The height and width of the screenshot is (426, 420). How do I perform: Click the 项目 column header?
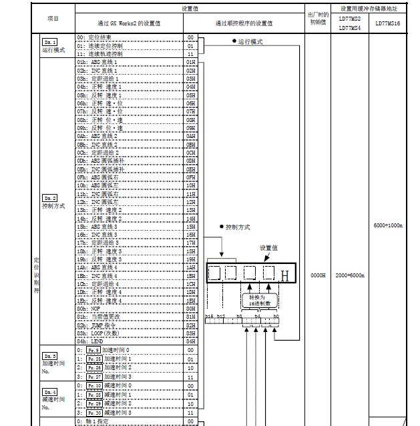pyautogui.click(x=53, y=18)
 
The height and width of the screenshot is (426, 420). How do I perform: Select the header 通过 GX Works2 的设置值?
pyautogui.click(x=129, y=23)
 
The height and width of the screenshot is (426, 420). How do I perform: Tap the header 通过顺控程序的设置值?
pyautogui.click(x=244, y=23)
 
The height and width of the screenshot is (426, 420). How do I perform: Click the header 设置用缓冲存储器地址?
pyautogui.click(x=370, y=9)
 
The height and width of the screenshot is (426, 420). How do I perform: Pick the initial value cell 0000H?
pyautogui.click(x=318, y=275)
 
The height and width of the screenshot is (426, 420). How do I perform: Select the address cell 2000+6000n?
pyautogui.click(x=349, y=275)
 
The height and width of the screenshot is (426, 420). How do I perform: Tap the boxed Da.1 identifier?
pyautogui.click(x=50, y=42)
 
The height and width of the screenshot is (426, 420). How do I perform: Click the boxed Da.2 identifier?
pyautogui.click(x=50, y=198)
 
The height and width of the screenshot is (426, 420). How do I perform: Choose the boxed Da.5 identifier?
pyautogui.click(x=50, y=356)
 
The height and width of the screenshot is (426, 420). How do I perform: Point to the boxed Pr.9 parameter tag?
pyautogui.click(x=93, y=349)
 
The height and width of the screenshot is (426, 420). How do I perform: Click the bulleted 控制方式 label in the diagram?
pyautogui.click(x=236, y=227)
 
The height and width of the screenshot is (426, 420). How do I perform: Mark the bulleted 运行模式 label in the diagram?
pyautogui.click(x=248, y=41)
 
